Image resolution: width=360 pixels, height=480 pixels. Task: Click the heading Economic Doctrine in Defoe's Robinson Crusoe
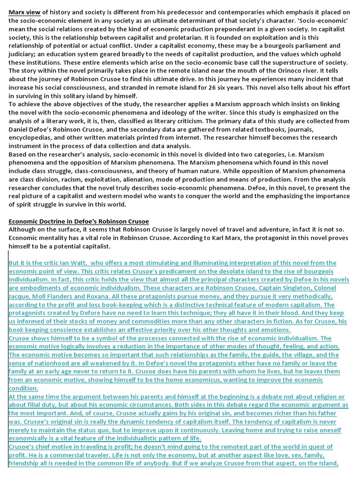[x=78, y=222]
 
